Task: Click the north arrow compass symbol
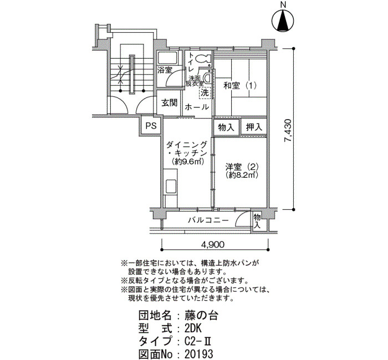283,21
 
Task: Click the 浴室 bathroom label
165,70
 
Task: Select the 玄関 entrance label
170,103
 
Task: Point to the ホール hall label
197,107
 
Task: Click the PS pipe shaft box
151,126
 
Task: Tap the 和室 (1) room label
240,86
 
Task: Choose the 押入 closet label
254,127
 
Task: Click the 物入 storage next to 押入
226,127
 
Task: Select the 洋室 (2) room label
242,167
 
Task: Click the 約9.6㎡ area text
187,162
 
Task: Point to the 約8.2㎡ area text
242,175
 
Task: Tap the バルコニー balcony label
208,220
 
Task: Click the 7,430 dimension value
288,130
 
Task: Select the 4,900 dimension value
213,245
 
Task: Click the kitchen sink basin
171,187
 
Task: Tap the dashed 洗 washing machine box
205,93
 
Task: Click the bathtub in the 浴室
168,58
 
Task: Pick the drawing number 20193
198,354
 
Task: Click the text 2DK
193,328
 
